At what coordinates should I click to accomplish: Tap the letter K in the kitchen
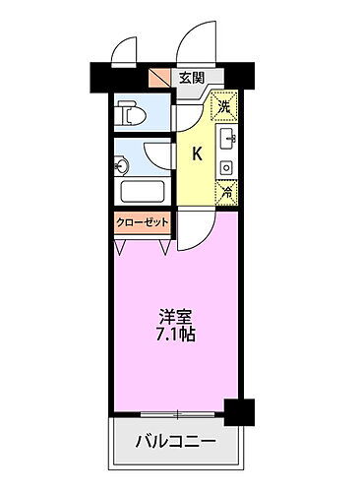197,153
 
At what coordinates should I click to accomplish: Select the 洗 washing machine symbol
224,104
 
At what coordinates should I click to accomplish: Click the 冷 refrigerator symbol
225,194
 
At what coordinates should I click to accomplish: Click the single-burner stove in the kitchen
225,167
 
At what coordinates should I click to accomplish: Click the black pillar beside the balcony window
233,407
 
